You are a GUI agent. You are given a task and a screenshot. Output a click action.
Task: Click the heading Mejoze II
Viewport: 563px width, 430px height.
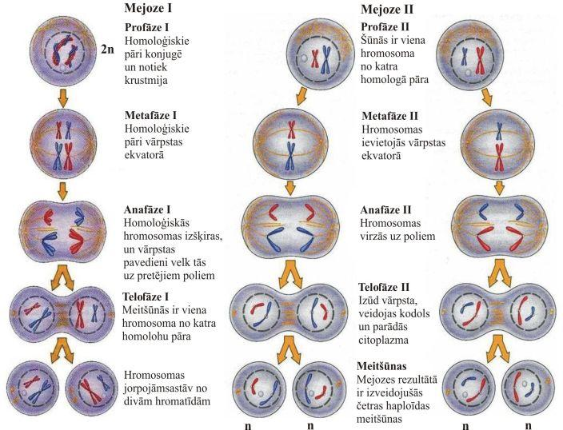[385, 10]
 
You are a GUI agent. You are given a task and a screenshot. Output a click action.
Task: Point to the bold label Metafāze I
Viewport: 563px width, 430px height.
[153, 116]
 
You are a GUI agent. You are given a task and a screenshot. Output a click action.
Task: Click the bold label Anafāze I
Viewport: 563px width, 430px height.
[150, 210]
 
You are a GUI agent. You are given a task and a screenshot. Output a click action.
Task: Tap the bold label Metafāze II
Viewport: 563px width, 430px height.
[389, 117]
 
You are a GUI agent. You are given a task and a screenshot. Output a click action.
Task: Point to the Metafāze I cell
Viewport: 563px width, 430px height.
[62, 141]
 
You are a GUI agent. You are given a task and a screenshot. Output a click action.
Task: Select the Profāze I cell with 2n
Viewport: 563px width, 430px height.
[63, 51]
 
